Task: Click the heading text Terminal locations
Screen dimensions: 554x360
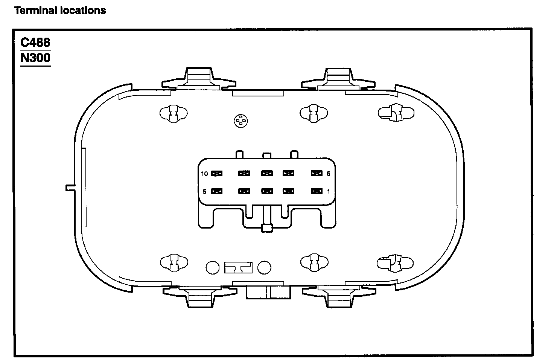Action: pyautogui.click(x=60, y=11)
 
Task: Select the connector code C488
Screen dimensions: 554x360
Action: pyautogui.click(x=35, y=43)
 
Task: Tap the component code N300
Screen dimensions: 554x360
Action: pyautogui.click(x=35, y=58)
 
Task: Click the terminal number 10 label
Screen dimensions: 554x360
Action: pyautogui.click(x=204, y=174)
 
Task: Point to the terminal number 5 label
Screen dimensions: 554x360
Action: pyautogui.click(x=204, y=191)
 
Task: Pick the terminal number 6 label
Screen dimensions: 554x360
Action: pyautogui.click(x=328, y=174)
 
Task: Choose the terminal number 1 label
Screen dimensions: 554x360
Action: pyautogui.click(x=328, y=191)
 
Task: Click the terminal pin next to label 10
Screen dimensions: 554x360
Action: pyautogui.click(x=217, y=174)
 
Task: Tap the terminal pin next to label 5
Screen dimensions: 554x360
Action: pyautogui.click(x=217, y=191)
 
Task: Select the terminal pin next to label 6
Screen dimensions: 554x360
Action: pyautogui.click(x=317, y=174)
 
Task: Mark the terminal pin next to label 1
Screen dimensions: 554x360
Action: pyautogui.click(x=317, y=191)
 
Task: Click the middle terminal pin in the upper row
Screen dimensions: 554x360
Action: pyautogui.click(x=267, y=174)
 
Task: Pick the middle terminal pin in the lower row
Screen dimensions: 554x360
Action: pyautogui.click(x=267, y=191)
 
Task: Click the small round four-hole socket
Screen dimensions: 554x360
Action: pyautogui.click(x=240, y=121)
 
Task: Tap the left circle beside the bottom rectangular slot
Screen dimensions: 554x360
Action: pyautogui.click(x=213, y=267)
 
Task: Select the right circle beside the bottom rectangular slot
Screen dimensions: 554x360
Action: pyautogui.click(x=265, y=267)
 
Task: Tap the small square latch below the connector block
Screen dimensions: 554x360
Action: pyautogui.click(x=267, y=228)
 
